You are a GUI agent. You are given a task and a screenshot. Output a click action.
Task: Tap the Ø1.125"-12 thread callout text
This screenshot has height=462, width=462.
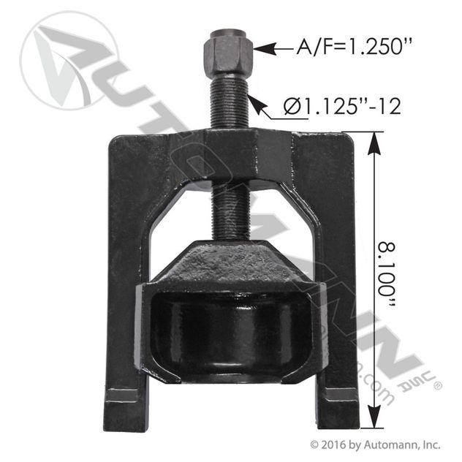pyautogui.click(x=342, y=106)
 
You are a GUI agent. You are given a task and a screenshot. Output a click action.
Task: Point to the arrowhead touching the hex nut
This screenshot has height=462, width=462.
pyautogui.click(x=265, y=49)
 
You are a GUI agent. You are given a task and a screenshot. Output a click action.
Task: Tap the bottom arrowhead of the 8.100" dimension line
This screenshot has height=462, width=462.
pyautogui.click(x=374, y=416)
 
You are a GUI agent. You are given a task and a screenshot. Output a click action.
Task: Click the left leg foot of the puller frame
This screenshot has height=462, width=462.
pyautogui.click(x=124, y=409)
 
